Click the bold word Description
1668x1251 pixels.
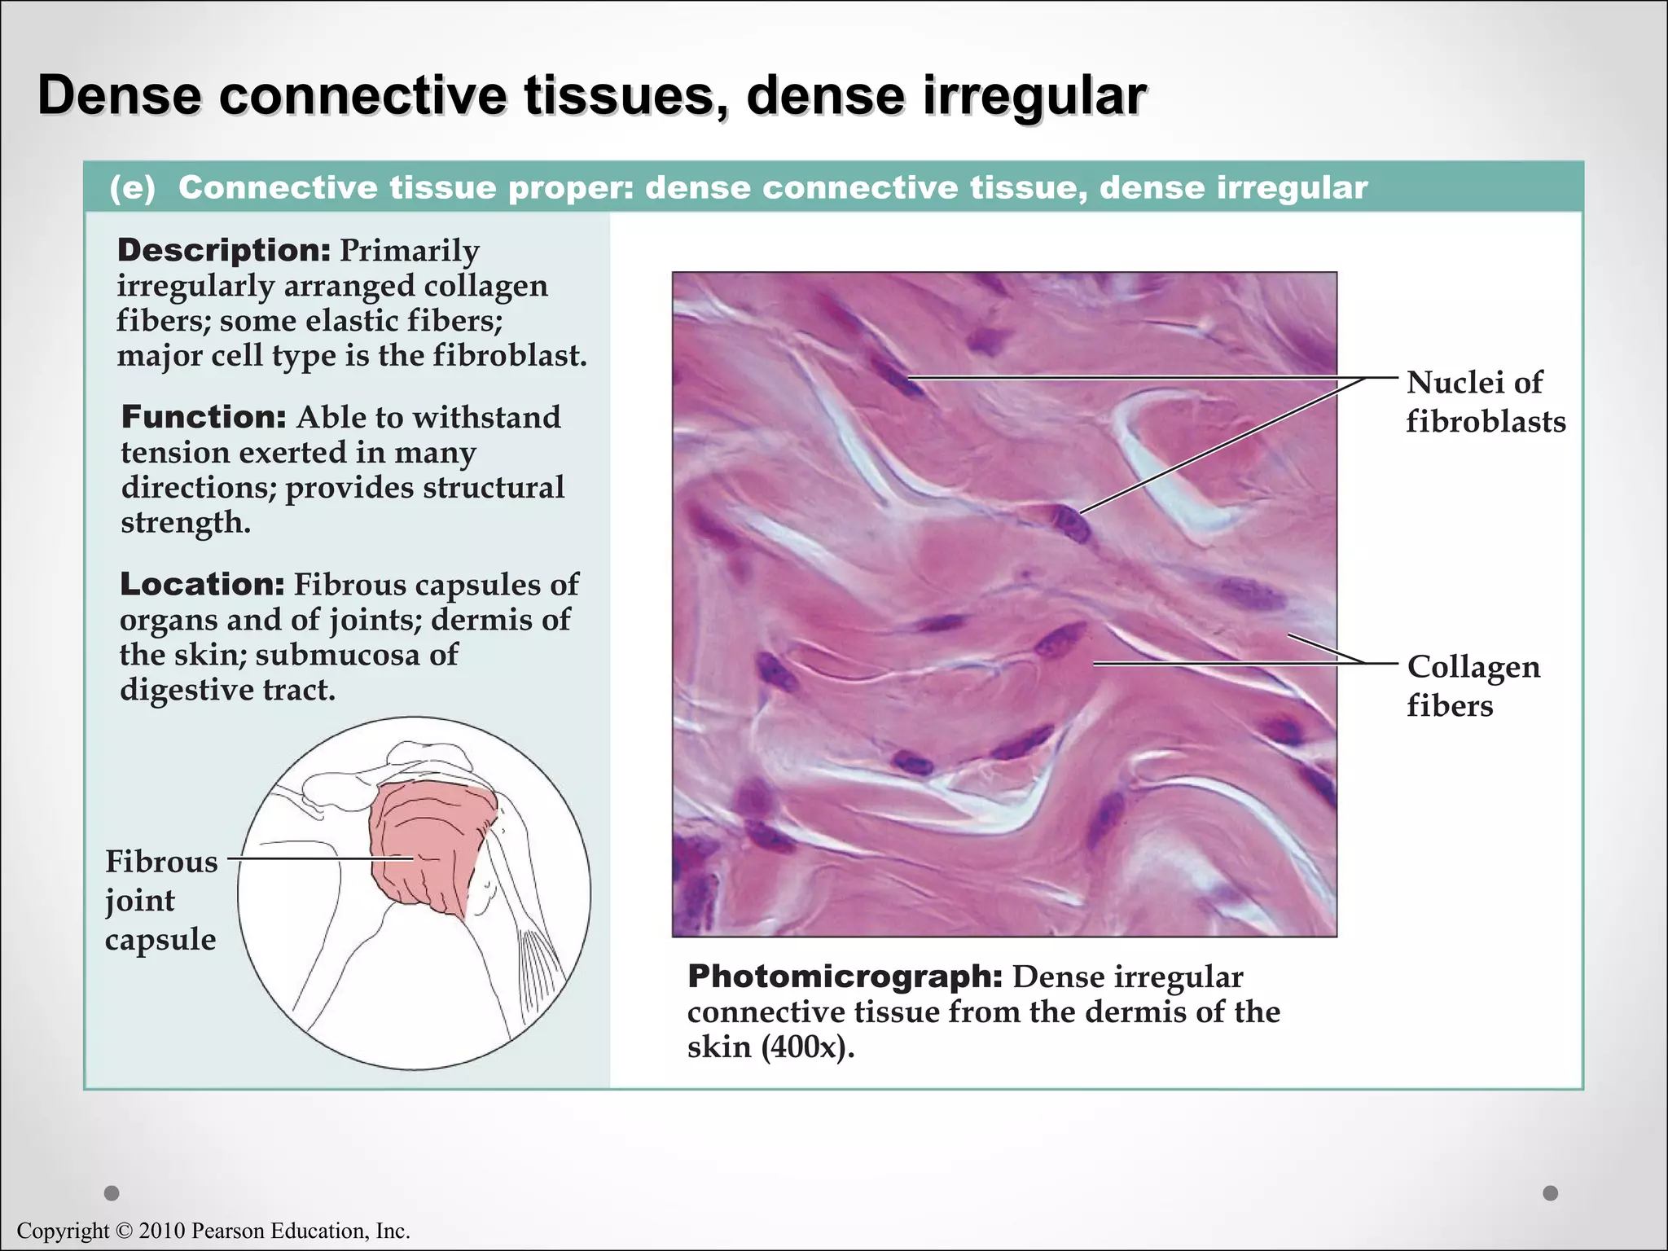point(223,250)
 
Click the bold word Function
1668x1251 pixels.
point(203,417)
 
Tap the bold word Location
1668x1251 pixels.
point(201,584)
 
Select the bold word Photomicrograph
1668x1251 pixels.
point(845,977)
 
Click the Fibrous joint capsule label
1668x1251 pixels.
point(161,900)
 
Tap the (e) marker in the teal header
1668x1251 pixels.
point(132,188)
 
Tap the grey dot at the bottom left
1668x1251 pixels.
point(112,1193)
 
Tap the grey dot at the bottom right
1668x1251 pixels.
point(1551,1193)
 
